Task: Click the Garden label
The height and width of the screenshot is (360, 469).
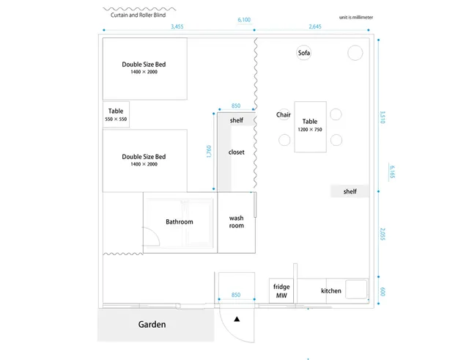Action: pyautogui.click(x=152, y=324)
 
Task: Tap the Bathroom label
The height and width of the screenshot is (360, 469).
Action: pyautogui.click(x=180, y=221)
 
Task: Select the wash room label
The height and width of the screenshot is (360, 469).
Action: pyautogui.click(x=236, y=221)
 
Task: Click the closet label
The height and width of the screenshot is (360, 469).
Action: pyautogui.click(x=236, y=152)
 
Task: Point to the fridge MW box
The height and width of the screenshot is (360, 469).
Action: pyautogui.click(x=281, y=291)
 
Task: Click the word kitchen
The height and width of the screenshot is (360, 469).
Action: pyautogui.click(x=331, y=291)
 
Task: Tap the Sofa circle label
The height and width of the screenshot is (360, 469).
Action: pyautogui.click(x=303, y=53)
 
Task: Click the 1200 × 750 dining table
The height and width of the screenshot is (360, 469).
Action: pyautogui.click(x=310, y=127)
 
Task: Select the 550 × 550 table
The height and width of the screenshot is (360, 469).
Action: pyautogui.click(x=116, y=114)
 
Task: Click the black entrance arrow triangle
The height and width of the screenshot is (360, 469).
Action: pyautogui.click(x=237, y=319)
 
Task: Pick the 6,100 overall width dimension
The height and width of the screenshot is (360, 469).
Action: pyautogui.click(x=244, y=20)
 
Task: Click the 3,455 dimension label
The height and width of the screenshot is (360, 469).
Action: pyautogui.click(x=177, y=26)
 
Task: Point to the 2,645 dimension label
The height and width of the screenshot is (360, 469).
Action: pyautogui.click(x=315, y=26)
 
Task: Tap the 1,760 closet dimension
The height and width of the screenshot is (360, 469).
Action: pyautogui.click(x=209, y=152)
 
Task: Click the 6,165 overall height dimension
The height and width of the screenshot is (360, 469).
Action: pyautogui.click(x=392, y=172)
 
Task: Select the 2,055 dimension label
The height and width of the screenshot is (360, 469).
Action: pyautogui.click(x=383, y=234)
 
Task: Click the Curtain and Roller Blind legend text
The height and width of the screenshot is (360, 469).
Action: pyautogui.click(x=139, y=15)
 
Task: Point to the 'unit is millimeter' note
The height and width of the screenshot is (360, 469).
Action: pyautogui.click(x=356, y=18)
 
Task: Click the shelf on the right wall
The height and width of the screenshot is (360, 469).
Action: pyautogui.click(x=350, y=191)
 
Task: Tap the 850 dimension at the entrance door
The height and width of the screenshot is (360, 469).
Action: pyautogui.click(x=236, y=295)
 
